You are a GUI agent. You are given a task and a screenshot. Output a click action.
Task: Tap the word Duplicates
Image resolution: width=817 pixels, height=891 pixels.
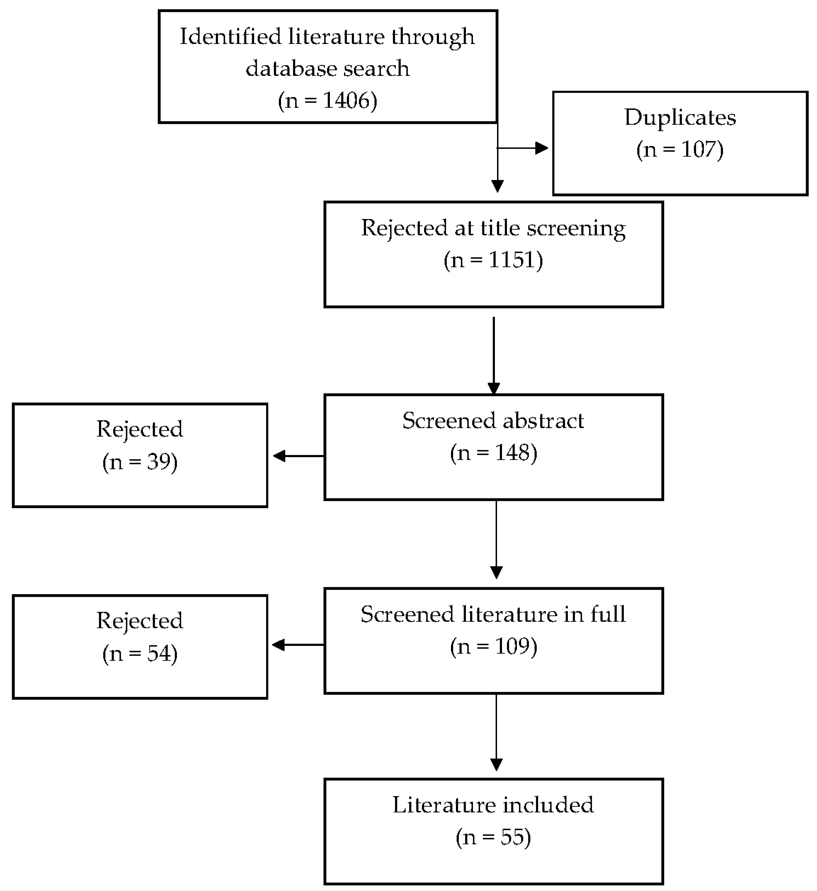[x=680, y=118]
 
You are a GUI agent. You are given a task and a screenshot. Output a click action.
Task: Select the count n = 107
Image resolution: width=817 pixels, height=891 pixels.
[x=680, y=150]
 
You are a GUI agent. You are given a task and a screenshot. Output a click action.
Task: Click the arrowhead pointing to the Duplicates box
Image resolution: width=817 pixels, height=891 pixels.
[x=542, y=148]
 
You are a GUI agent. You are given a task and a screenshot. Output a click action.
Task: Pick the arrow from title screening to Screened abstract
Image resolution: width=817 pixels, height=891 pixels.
[x=494, y=354]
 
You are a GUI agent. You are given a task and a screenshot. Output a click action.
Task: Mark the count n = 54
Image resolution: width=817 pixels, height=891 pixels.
[x=140, y=654]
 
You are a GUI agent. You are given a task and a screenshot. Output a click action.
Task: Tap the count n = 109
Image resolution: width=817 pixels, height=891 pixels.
[x=493, y=647]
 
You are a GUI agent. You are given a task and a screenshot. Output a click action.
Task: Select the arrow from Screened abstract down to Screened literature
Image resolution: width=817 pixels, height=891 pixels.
[x=497, y=540]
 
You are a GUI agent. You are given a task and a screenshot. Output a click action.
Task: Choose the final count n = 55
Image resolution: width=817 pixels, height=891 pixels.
[x=493, y=837]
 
